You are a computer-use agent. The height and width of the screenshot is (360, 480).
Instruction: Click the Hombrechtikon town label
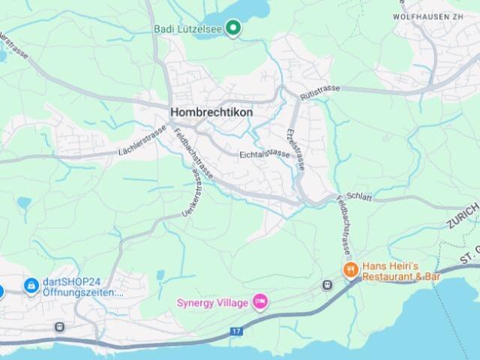[211, 112]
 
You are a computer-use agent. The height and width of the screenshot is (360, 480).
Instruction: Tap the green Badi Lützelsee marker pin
[233, 28]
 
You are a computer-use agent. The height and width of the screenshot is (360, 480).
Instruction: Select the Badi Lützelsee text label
[186, 28]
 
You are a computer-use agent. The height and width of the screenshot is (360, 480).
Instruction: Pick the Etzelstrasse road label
[295, 148]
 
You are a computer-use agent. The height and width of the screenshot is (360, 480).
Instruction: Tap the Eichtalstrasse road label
[264, 153]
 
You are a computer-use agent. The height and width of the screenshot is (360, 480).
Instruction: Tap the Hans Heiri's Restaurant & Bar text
[402, 271]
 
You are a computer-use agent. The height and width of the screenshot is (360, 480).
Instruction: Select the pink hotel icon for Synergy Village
[260, 301]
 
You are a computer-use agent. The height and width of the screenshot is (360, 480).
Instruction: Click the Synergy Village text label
[212, 302]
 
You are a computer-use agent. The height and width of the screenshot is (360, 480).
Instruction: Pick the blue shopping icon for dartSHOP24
[31, 285]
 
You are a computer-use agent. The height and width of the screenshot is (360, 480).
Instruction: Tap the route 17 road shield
[236, 331]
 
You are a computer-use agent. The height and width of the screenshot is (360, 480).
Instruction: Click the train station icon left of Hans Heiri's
[326, 285]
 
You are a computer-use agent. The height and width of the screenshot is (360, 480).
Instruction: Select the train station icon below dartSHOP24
[60, 327]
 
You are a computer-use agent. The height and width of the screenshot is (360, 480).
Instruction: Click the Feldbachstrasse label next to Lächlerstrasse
[193, 154]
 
